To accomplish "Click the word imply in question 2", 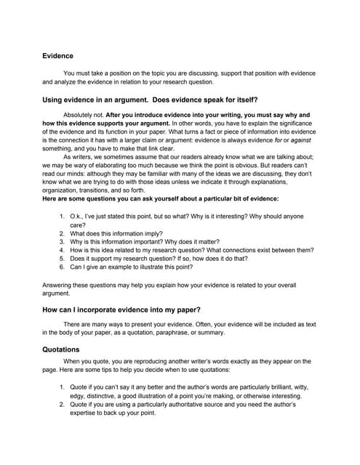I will pos(138,233).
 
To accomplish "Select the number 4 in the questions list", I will pos(62,250).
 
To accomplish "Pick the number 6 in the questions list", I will pos(62,267).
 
